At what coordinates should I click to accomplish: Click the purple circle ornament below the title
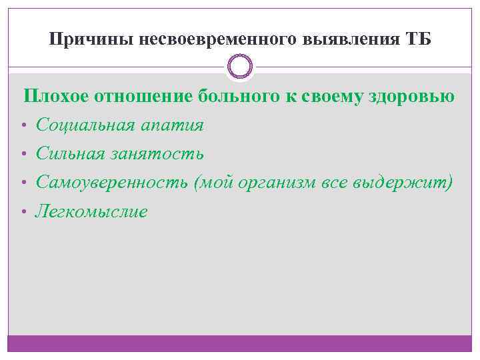240,67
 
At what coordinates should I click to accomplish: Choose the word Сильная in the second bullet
69,154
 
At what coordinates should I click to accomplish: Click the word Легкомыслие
91,212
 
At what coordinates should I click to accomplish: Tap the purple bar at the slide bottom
240,343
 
